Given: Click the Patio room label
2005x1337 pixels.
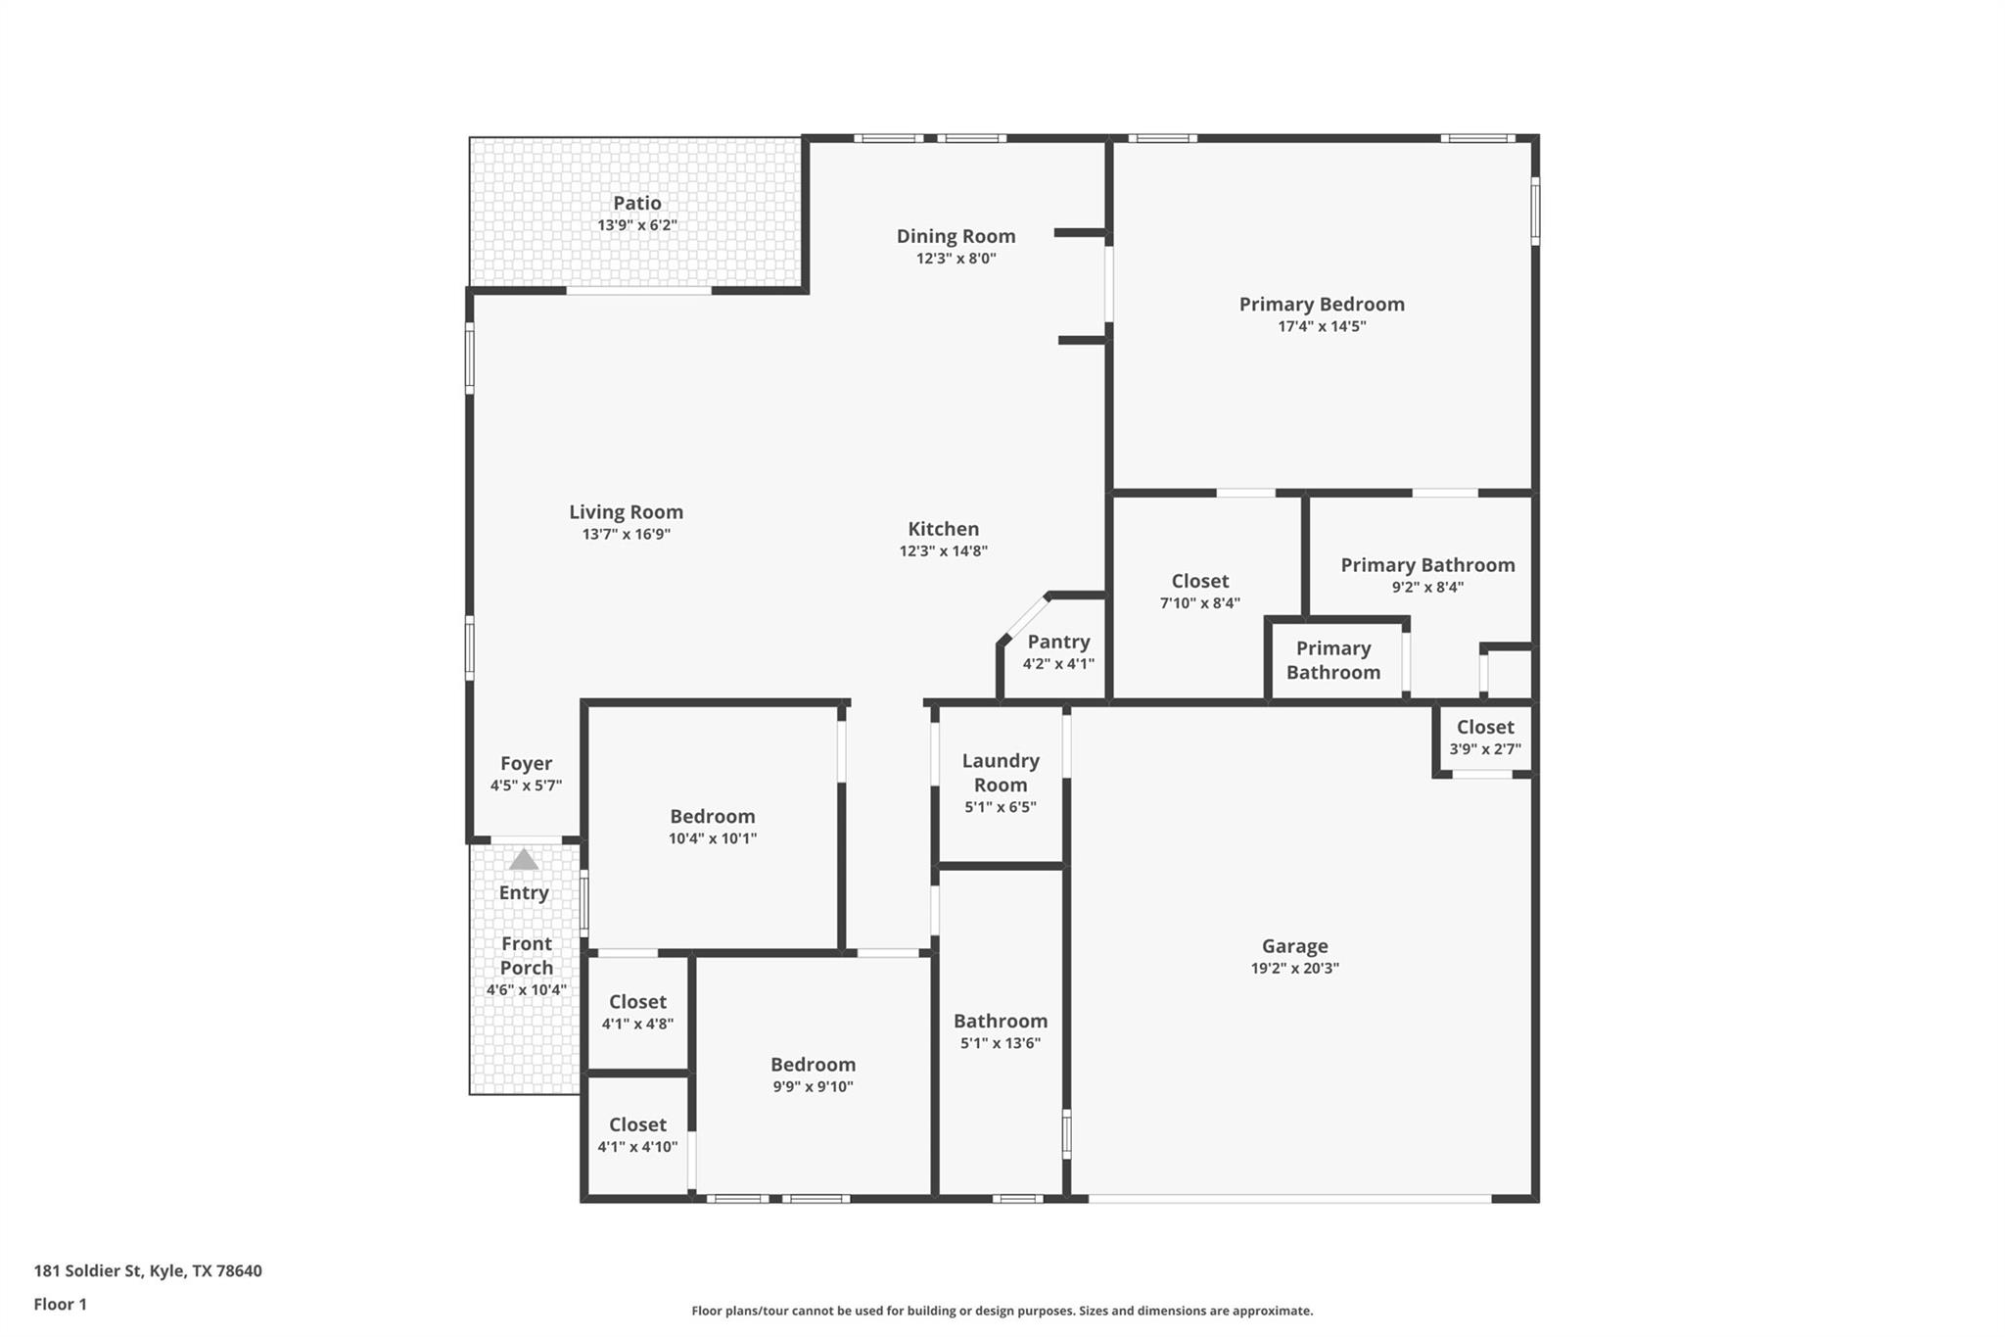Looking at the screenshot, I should pos(637,204).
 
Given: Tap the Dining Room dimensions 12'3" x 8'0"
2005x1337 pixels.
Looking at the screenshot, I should pos(956,259).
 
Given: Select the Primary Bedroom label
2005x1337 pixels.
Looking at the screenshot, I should pos(1322,305).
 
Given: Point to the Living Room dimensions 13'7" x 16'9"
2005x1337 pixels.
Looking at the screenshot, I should pos(626,535).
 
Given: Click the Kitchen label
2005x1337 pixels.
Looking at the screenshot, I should pos(943,529).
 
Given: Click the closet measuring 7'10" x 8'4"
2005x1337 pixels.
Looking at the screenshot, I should pos(1199,591).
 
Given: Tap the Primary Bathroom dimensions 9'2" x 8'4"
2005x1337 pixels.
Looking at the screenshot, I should pos(1427,588).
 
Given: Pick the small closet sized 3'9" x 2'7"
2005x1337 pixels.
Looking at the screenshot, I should pos(1484,738).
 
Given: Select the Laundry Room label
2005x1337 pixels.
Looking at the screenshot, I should pos(1000,773).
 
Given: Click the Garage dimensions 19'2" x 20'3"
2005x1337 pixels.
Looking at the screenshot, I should pos(1294,969).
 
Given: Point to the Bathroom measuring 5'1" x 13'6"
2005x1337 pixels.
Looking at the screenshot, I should pos(1000,1031).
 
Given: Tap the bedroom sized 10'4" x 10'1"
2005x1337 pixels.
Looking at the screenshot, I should pos(712,827).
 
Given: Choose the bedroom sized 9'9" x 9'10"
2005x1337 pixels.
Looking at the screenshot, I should pos(813,1074).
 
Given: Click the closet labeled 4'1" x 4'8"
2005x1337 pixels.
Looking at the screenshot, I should pos(637,1012).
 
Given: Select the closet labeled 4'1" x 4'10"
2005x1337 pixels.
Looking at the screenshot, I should pos(637,1135).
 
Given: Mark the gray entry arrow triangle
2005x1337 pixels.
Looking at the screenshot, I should pos(524,860).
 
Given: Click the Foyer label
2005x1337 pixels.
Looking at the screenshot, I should pos(526,764).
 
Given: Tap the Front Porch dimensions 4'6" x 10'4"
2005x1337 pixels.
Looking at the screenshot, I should pos(527,990).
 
